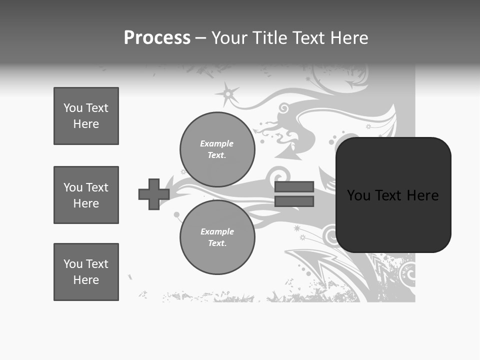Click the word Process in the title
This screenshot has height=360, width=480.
[157, 38]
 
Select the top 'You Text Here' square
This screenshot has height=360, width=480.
[86, 116]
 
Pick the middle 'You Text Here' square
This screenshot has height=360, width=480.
[86, 195]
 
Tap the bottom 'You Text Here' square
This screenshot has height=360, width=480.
[86, 272]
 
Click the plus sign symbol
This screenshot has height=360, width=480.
[154, 194]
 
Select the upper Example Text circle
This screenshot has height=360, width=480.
[217, 149]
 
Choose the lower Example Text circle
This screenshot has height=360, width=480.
[217, 237]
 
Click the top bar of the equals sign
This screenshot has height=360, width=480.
[294, 186]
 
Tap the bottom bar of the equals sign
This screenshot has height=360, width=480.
[294, 201]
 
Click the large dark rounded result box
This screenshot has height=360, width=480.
[393, 195]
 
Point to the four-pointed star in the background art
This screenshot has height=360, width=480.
[228, 93]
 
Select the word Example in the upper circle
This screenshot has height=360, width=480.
[216, 143]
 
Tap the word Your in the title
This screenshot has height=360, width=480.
[228, 38]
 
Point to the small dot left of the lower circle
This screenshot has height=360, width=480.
[176, 215]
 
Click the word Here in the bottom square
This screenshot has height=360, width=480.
[86, 280]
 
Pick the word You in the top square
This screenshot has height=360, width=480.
[73, 108]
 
